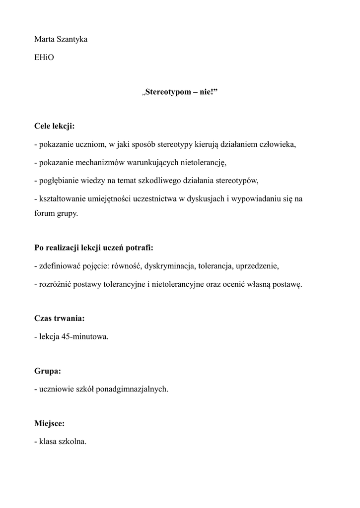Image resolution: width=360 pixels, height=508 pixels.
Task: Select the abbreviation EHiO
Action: click(44, 58)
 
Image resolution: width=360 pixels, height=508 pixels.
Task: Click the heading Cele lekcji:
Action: click(55, 127)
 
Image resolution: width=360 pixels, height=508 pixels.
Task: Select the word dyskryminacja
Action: click(169, 266)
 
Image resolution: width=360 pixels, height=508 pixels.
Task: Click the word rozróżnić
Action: click(55, 284)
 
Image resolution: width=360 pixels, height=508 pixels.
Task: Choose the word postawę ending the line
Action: click(285, 284)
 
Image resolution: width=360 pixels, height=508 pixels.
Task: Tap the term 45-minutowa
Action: click(85, 336)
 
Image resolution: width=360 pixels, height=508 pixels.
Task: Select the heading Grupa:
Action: click(48, 371)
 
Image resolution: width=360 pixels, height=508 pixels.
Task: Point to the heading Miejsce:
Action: click(50, 423)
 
